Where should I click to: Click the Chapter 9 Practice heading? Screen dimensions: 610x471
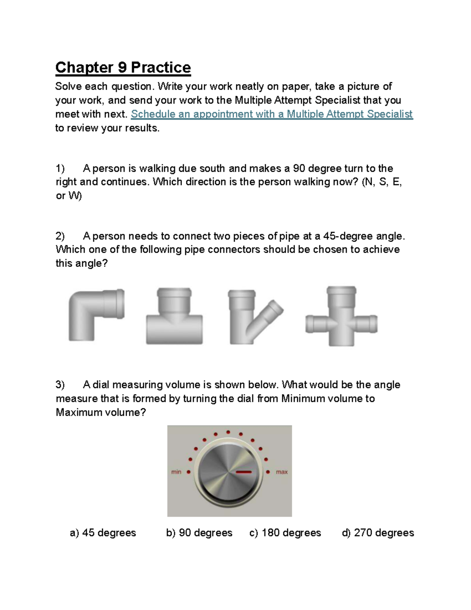(x=123, y=68)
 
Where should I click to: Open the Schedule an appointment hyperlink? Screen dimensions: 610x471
(x=272, y=114)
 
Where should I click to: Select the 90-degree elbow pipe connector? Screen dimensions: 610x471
(x=94, y=314)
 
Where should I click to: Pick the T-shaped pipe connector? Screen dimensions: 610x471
(x=174, y=318)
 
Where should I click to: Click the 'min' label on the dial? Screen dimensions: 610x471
(x=176, y=472)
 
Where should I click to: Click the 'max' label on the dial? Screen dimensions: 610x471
(x=282, y=472)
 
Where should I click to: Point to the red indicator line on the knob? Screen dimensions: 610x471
(x=244, y=472)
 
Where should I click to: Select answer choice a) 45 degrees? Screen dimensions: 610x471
(x=103, y=533)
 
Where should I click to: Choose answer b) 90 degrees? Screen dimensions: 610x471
(x=199, y=533)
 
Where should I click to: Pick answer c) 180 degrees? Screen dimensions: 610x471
(x=285, y=533)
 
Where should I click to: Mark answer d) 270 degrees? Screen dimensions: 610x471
(x=378, y=533)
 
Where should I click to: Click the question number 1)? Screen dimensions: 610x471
(x=60, y=169)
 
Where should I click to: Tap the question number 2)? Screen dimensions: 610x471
(x=60, y=236)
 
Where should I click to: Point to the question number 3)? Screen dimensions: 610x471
(x=60, y=385)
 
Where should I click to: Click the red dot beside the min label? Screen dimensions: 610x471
(x=188, y=472)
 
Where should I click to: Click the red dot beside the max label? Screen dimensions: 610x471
(x=268, y=472)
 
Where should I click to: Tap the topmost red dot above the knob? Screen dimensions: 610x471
(x=228, y=432)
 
